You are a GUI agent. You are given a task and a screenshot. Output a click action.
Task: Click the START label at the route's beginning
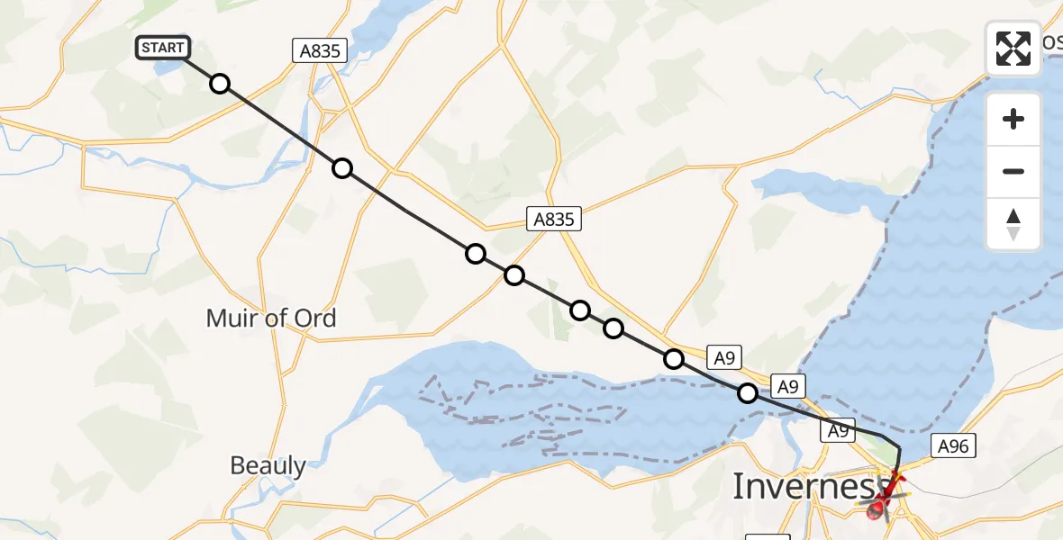pyautogui.click(x=162, y=48)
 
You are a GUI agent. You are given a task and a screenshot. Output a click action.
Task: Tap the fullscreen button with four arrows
pyautogui.click(x=1013, y=48)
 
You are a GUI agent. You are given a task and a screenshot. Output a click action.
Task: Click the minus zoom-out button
pyautogui.click(x=1013, y=171)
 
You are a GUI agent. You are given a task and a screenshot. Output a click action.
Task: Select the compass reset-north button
pyautogui.click(x=1013, y=224)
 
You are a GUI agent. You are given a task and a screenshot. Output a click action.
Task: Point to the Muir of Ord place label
pyautogui.click(x=271, y=318)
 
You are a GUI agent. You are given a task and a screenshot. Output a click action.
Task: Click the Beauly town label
pyautogui.click(x=268, y=465)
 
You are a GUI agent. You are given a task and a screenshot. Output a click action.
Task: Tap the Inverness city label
pyautogui.click(x=804, y=486)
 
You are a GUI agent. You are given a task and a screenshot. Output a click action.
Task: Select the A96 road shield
pyautogui.click(x=952, y=445)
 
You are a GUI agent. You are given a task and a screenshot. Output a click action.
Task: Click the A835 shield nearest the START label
pyautogui.click(x=320, y=51)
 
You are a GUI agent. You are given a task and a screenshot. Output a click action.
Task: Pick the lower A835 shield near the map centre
pyautogui.click(x=552, y=218)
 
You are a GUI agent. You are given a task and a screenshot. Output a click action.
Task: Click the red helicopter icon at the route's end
pyautogui.click(x=887, y=494)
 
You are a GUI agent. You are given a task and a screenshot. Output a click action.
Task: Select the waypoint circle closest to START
pyautogui.click(x=220, y=85)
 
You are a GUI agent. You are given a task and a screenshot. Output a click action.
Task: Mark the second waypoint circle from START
pyautogui.click(x=342, y=168)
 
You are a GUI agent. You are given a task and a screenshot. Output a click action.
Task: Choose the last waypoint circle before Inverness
pyautogui.click(x=748, y=393)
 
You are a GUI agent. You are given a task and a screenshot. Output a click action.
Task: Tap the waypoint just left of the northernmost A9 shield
pyautogui.click(x=674, y=359)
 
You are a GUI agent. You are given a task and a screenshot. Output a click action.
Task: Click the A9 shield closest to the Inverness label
pyautogui.click(x=838, y=432)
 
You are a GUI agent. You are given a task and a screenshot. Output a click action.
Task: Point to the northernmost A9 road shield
pyautogui.click(x=724, y=357)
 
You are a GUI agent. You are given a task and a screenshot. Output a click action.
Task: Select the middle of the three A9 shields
pyautogui.click(x=788, y=387)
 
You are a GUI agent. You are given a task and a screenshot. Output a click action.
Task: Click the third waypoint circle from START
pyautogui.click(x=476, y=254)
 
